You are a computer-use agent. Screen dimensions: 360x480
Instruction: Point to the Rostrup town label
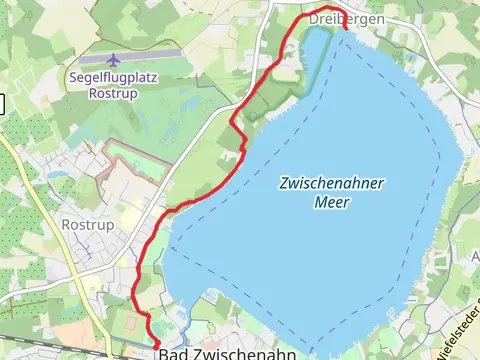pyautogui.click(x=83, y=224)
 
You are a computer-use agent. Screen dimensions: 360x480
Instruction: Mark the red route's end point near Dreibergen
pyautogui.click(x=346, y=29)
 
